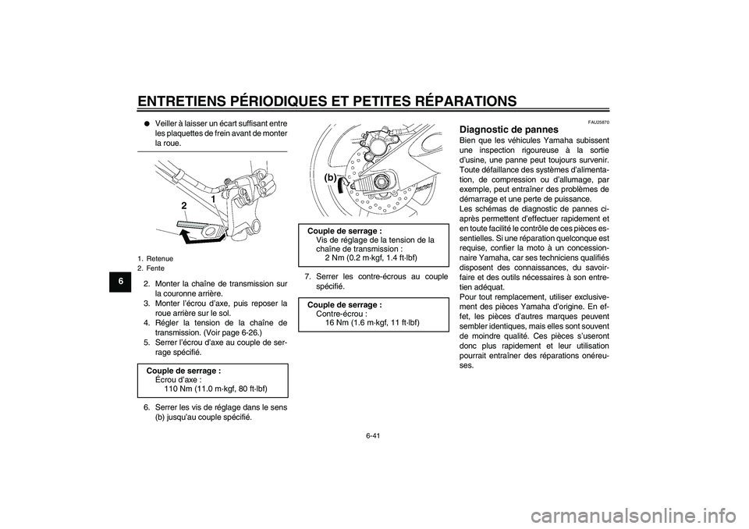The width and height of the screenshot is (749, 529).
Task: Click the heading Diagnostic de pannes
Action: click(x=509, y=129)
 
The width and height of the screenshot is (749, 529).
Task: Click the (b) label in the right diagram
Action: click(x=331, y=178)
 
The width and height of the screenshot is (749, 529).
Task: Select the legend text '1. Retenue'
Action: click(x=155, y=257)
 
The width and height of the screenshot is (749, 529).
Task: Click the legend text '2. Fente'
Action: click(x=152, y=266)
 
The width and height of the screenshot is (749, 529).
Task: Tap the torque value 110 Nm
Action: click(x=178, y=388)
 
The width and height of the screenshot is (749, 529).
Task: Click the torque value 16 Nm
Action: click(x=336, y=322)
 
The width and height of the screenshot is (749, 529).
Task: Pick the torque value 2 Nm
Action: click(x=333, y=257)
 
